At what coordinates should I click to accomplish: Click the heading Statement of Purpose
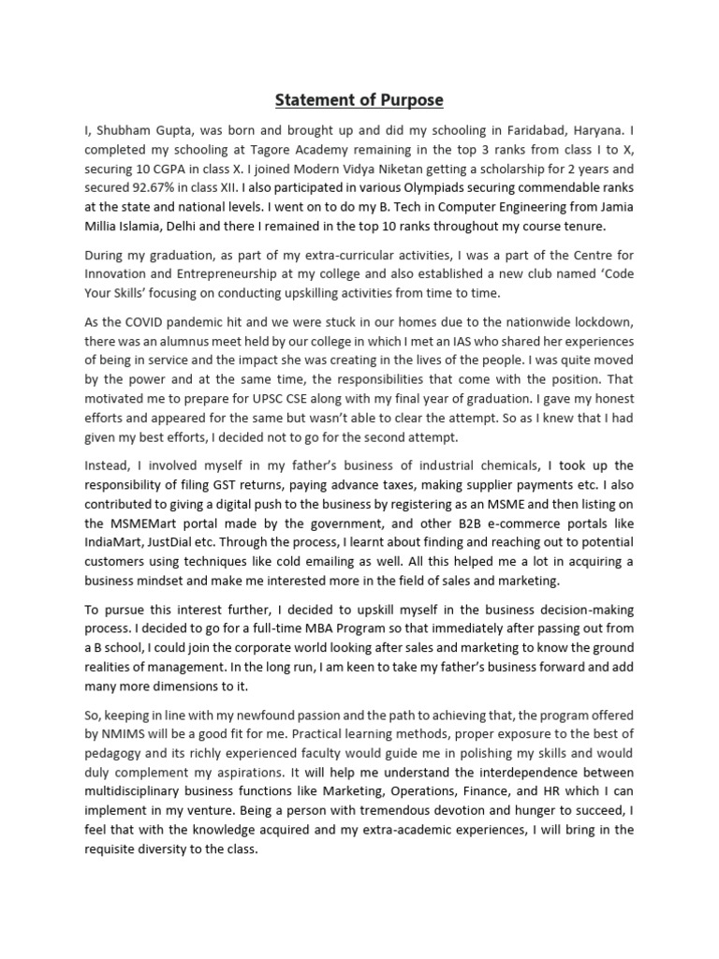coord(359,100)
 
